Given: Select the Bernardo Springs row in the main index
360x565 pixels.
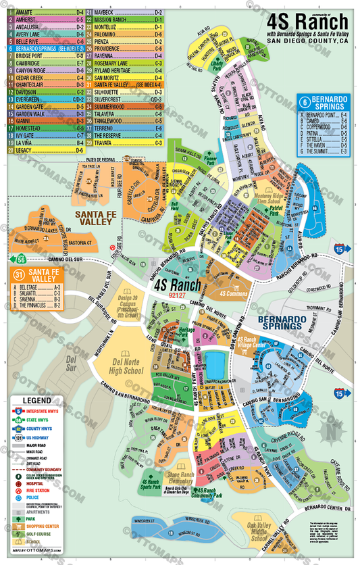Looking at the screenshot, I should (x=45, y=49).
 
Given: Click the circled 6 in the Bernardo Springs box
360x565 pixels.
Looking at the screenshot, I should (x=303, y=103).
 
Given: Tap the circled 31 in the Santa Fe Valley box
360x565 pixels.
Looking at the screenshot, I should (x=19, y=275).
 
